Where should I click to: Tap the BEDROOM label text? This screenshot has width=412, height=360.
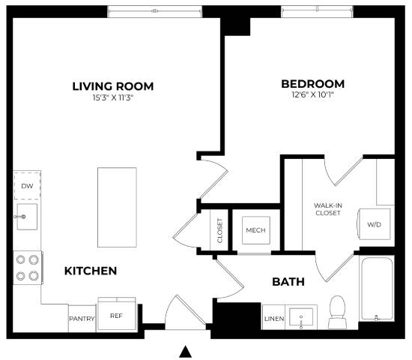point(312,84)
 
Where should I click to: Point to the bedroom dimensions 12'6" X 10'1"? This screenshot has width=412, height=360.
point(312,95)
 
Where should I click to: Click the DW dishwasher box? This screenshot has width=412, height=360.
point(27,185)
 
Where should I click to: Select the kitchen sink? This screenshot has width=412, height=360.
point(26,217)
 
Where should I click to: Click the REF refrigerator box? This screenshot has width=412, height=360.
point(116,316)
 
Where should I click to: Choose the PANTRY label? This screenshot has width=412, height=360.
point(82,318)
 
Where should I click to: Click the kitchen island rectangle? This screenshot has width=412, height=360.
point(117,205)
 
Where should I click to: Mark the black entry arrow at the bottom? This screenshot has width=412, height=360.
point(186,351)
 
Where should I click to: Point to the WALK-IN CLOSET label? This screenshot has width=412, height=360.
point(327,208)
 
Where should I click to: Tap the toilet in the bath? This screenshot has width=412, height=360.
point(337,313)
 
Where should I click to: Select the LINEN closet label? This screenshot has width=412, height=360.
point(273,319)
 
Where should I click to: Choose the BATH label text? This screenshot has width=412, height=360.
point(288,283)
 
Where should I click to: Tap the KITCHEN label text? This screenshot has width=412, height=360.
point(90,271)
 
